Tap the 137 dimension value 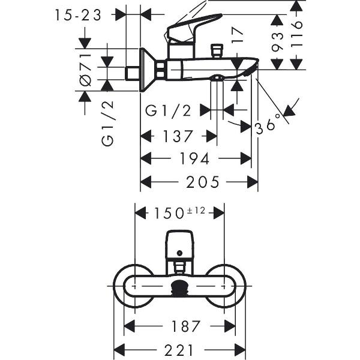pyautogui.click(x=178, y=137)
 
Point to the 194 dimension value pyautogui.click(x=195, y=159)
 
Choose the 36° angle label pyautogui.click(x=268, y=124)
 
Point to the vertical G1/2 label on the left pyautogui.click(x=108, y=124)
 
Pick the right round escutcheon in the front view pyautogui.click(x=227, y=286)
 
